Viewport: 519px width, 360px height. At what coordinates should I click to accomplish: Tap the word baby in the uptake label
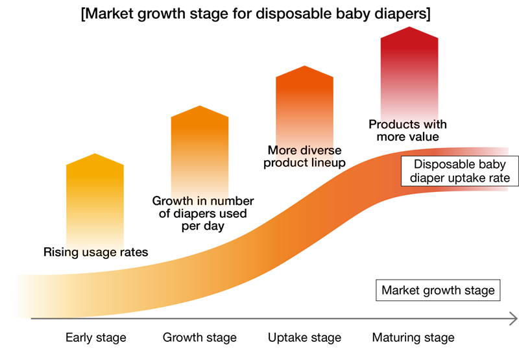(x=488, y=165)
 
